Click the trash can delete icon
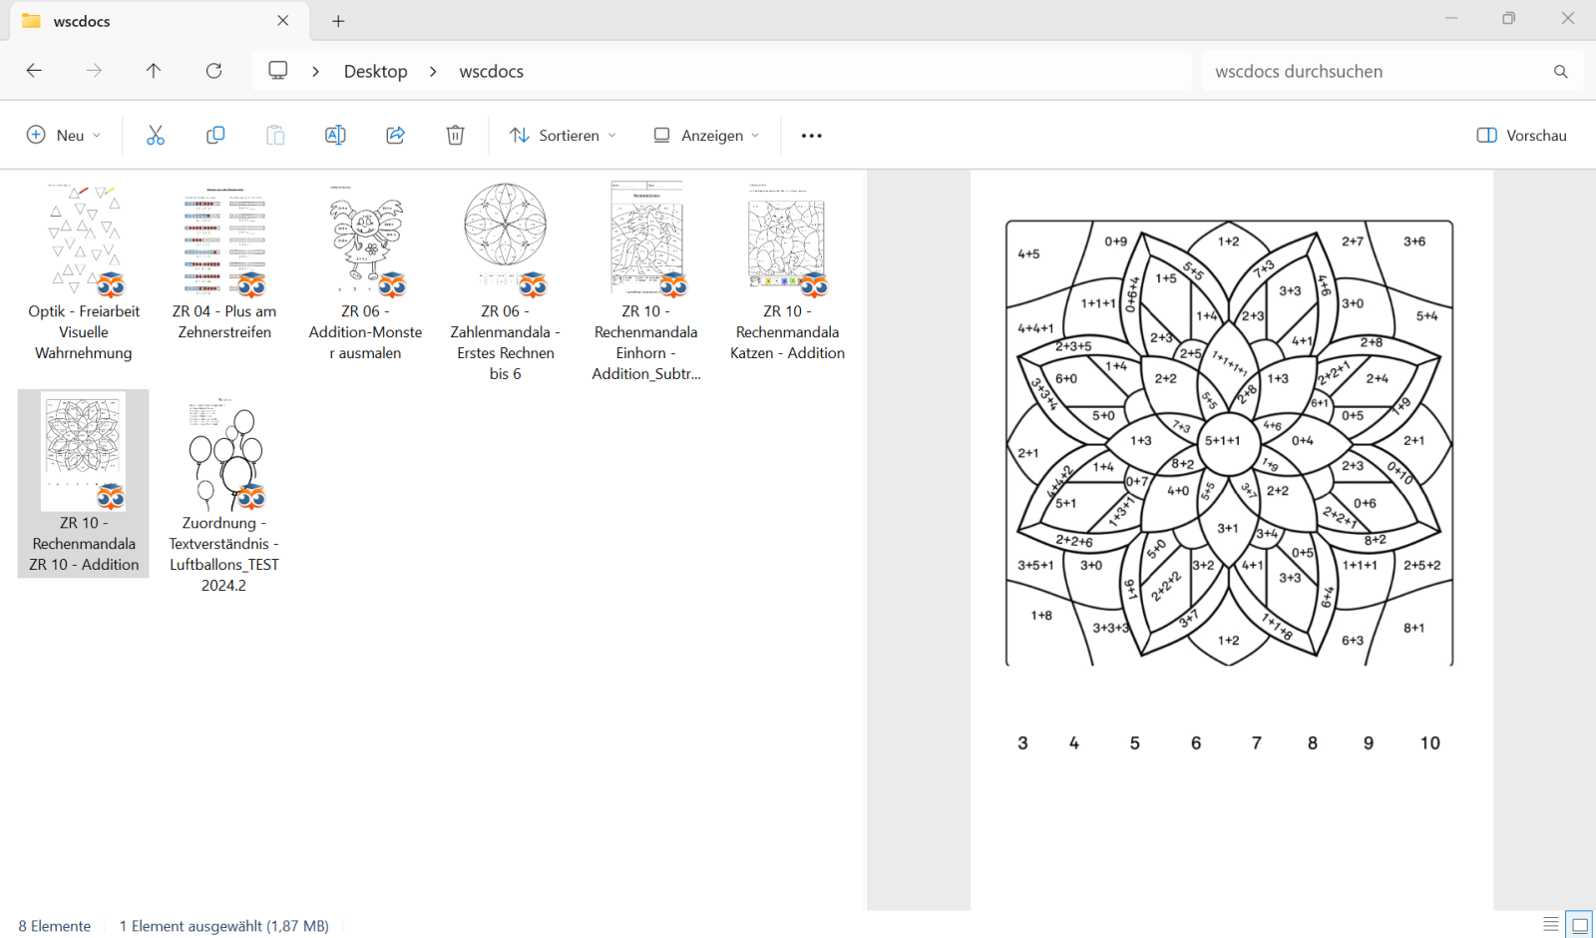455,135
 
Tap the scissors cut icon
156,135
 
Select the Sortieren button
563,135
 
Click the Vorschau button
1521,135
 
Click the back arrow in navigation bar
34,71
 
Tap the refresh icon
213,71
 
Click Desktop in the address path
375,71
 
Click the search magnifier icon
1560,71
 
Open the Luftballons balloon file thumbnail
224,454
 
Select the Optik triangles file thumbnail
84,239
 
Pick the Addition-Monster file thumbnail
366,239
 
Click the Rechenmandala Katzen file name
787,332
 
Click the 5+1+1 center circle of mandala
1223,440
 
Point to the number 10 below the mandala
1429,742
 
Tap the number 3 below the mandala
1022,742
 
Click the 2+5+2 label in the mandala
1421,565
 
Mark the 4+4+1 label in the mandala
1035,328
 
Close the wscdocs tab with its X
283,21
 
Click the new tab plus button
338,21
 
